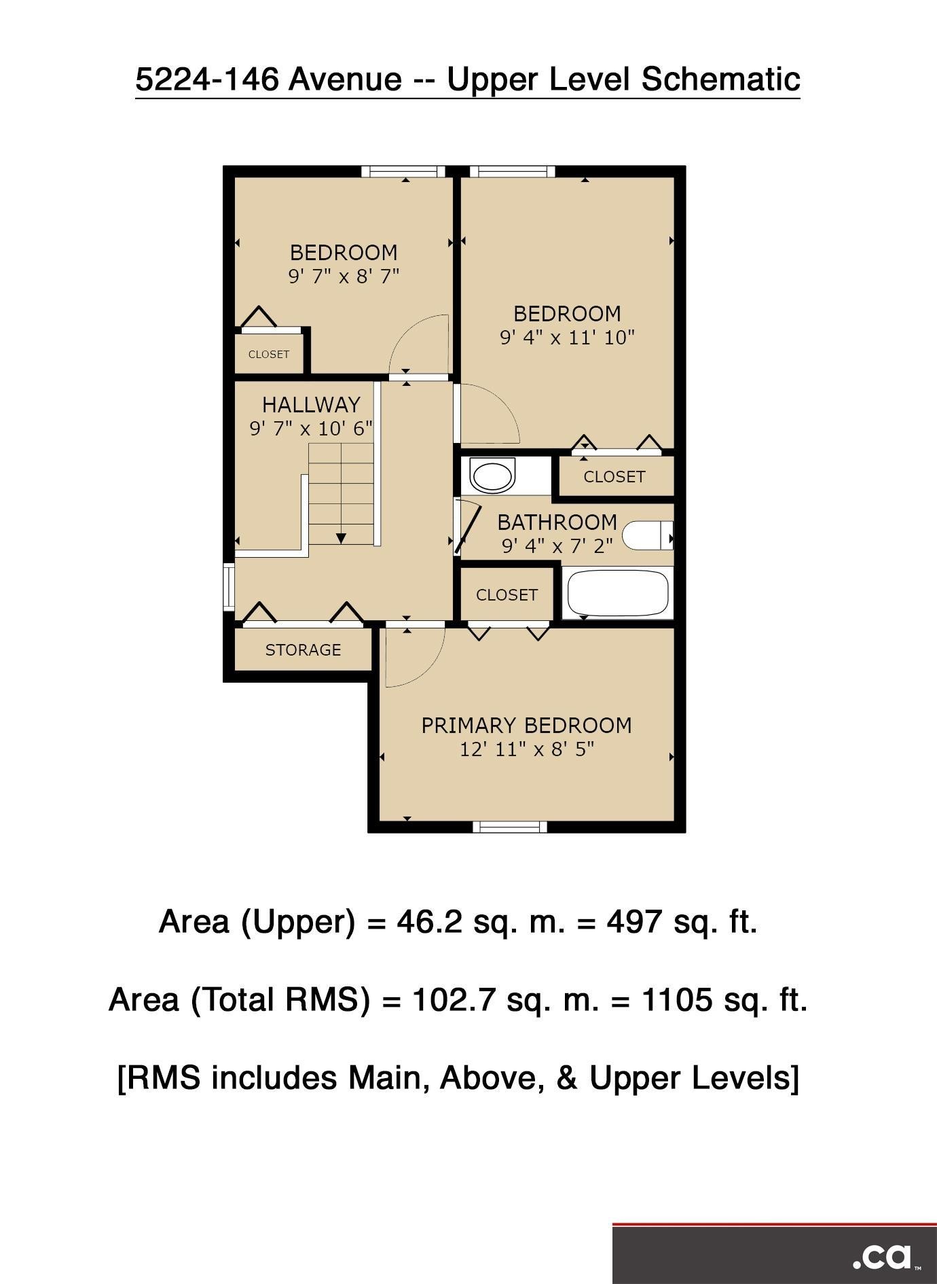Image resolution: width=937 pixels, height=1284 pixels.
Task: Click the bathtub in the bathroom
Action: click(x=617, y=593)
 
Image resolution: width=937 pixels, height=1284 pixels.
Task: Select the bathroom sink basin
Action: click(x=493, y=475)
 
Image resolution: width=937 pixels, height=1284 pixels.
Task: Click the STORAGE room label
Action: click(x=303, y=650)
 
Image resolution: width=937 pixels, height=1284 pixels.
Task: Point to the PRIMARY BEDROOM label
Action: click(x=526, y=726)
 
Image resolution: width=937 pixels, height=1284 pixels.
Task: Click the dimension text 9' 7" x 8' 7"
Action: click(x=344, y=277)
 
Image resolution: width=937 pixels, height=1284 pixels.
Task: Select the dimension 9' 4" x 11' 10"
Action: click(x=567, y=338)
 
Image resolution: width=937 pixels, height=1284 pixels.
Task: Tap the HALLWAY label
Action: click(x=311, y=405)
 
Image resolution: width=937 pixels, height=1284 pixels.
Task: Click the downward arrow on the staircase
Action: click(x=341, y=538)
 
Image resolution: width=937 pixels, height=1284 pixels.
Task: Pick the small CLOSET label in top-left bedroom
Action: click(x=269, y=354)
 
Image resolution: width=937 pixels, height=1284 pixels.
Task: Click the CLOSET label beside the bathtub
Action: click(x=507, y=595)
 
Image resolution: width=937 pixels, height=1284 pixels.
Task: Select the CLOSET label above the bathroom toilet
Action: click(x=614, y=477)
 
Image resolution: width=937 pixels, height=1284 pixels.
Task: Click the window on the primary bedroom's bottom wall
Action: click(x=509, y=827)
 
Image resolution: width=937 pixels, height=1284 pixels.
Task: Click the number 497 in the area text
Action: click(x=634, y=922)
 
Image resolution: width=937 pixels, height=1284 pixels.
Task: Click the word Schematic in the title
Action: click(x=720, y=79)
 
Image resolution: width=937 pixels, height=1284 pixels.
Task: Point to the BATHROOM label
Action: click(x=557, y=522)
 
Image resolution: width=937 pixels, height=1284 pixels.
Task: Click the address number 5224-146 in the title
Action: click(x=207, y=79)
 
